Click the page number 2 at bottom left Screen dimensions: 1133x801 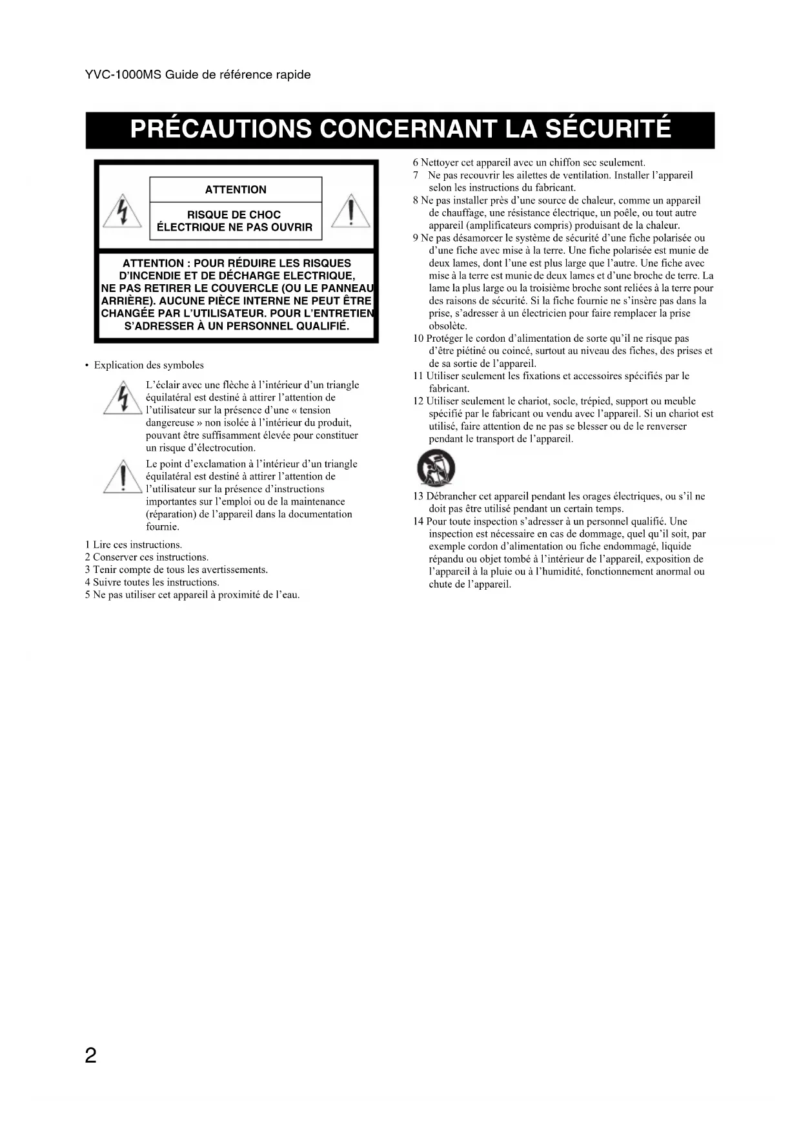tap(90, 1055)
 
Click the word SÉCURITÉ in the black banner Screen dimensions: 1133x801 tap(609, 129)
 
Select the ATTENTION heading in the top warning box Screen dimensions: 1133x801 tap(236, 189)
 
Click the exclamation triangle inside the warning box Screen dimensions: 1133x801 tap(350, 211)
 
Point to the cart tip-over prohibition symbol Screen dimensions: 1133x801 tap(436, 468)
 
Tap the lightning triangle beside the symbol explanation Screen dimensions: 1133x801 tap(123, 398)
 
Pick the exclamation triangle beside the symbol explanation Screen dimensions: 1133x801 tap(123, 477)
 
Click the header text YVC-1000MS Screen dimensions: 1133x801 tap(123, 75)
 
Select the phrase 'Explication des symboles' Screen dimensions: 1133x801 tap(148, 365)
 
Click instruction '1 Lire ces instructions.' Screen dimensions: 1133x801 tap(134, 545)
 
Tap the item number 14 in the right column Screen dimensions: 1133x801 tap(418, 521)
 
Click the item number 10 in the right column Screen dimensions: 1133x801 tap(418, 338)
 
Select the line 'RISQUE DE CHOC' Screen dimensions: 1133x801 tap(234, 214)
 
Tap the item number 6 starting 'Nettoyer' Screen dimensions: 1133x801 tap(416, 163)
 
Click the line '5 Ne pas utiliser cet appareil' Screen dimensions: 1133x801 tap(192, 594)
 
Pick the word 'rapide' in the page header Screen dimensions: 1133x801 tap(293, 75)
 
